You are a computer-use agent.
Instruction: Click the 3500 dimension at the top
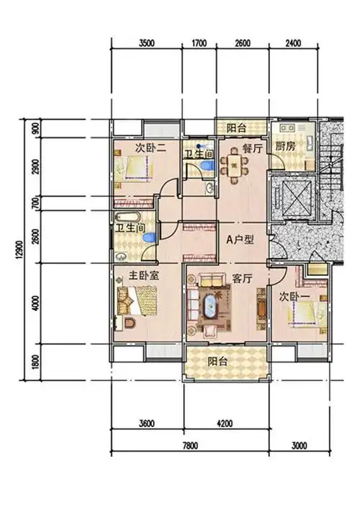[x=146, y=43]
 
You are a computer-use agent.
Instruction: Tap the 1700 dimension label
[x=199, y=43]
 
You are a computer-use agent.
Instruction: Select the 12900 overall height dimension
[x=19, y=251]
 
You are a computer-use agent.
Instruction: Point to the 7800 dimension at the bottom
[x=190, y=445]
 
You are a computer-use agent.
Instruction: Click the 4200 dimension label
[x=225, y=424]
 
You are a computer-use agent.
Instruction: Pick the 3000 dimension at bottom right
[x=299, y=445]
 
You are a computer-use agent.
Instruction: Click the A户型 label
[x=240, y=240]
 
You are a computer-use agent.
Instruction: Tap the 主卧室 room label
[x=144, y=276]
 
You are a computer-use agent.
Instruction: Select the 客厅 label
[x=242, y=279]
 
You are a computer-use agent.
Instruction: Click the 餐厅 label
[x=252, y=149]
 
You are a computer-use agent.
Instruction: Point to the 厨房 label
[x=285, y=146]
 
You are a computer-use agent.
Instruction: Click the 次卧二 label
[x=150, y=148]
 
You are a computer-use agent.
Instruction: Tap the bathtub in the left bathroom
[x=127, y=218]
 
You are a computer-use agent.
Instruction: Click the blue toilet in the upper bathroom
[x=206, y=165]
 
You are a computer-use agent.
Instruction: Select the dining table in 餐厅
[x=234, y=166]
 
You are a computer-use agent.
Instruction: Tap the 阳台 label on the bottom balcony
[x=217, y=362]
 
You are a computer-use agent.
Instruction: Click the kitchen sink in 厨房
[x=288, y=127]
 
